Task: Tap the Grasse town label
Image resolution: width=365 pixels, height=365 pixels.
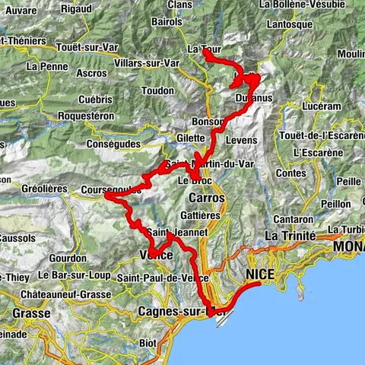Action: (x=30, y=313)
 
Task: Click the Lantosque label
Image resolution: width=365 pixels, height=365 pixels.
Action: (x=298, y=25)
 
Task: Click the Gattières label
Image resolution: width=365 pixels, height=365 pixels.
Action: (x=201, y=215)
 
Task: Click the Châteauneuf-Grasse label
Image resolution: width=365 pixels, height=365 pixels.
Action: (x=62, y=292)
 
